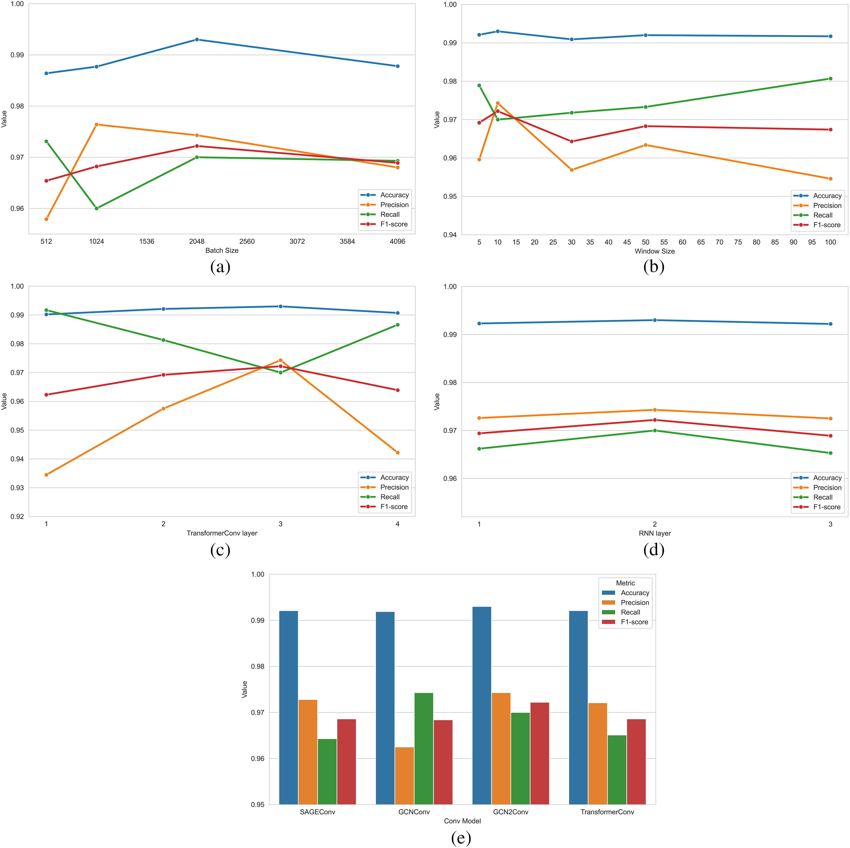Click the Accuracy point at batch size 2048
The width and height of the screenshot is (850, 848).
197,40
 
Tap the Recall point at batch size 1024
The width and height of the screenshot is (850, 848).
96,208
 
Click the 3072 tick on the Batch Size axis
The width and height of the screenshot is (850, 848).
297,241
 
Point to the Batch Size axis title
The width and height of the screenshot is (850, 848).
222,250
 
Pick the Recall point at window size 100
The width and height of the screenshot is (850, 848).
830,79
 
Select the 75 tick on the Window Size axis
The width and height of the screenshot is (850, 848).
738,242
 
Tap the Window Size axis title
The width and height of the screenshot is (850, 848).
654,251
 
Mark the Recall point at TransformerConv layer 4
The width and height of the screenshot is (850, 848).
397,325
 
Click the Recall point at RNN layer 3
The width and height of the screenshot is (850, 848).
830,453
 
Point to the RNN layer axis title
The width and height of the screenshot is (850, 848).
654,533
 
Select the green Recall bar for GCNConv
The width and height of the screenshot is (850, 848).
424,748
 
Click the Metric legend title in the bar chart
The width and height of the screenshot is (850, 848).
625,583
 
